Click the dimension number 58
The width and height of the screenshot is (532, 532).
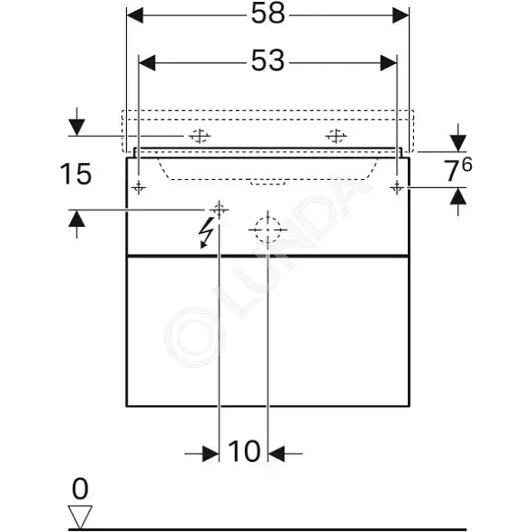tap(267, 14)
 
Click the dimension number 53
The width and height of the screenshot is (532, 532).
tap(267, 61)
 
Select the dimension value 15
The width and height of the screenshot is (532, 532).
tap(76, 174)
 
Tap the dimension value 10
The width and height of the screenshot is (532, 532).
tap(244, 452)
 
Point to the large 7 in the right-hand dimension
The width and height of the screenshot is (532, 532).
tap(452, 171)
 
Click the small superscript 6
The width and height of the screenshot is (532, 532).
tap(467, 165)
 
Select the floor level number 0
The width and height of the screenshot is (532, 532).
tap(80, 489)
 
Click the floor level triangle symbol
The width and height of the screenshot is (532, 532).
tap(80, 516)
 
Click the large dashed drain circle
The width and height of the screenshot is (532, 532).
tap(267, 230)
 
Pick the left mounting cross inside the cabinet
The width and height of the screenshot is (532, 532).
tap(139, 187)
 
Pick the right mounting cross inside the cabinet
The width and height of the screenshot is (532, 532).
tap(397, 187)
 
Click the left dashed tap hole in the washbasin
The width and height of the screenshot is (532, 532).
tap(200, 136)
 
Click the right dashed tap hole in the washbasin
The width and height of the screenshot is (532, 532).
tap(336, 136)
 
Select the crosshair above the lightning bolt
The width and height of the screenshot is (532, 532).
tap(219, 211)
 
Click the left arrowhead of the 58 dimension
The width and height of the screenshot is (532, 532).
tap(135, 15)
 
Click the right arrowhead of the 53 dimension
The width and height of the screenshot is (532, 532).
tap(389, 63)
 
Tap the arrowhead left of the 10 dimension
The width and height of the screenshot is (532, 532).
tap(211, 454)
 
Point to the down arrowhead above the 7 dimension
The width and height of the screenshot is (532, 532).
tap(458, 143)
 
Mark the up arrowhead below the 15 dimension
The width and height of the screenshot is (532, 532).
tap(77, 219)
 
